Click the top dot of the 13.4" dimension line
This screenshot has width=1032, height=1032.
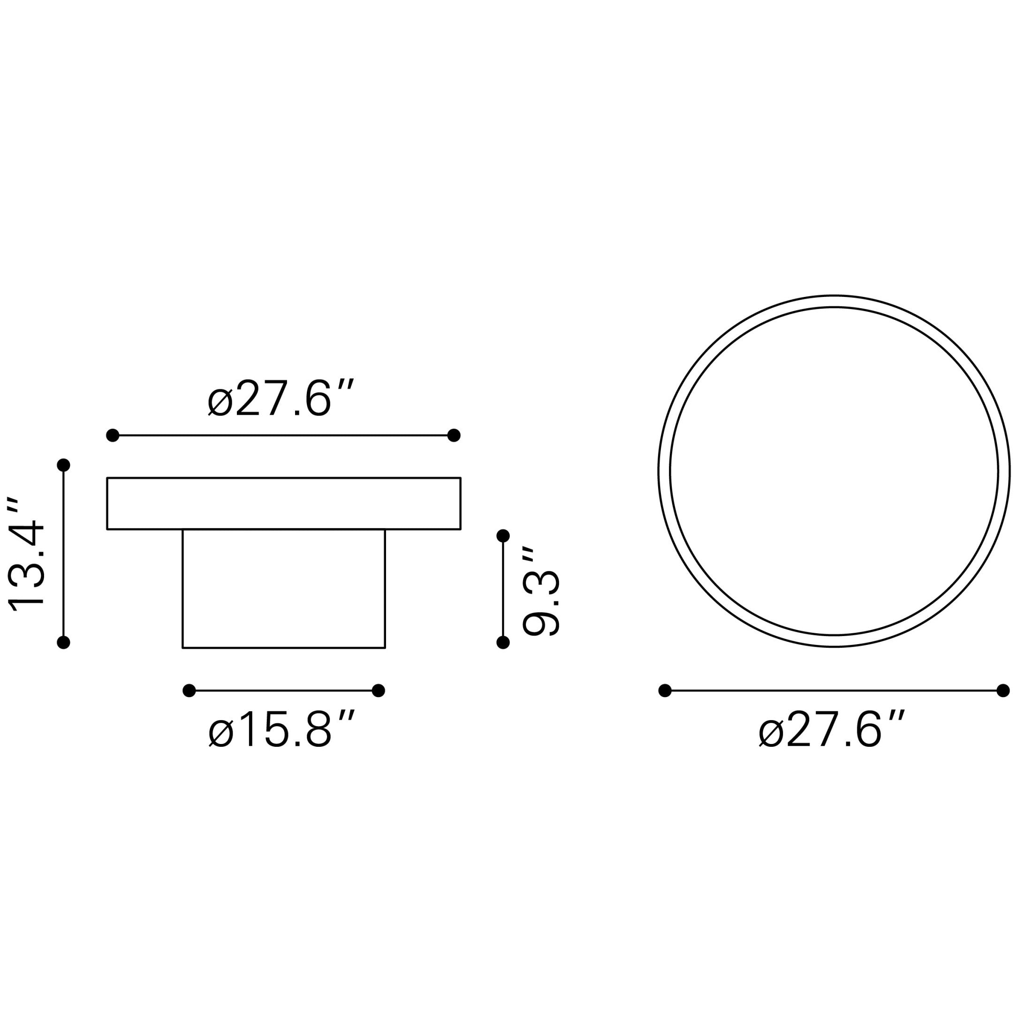(x=64, y=465)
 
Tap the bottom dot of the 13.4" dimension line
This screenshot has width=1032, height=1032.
(x=64, y=642)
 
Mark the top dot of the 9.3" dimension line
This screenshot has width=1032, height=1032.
(x=503, y=535)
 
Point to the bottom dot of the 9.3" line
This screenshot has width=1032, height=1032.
(x=503, y=642)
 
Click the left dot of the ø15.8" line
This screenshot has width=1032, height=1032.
(x=189, y=691)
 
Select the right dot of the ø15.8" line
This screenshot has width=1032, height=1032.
(x=378, y=691)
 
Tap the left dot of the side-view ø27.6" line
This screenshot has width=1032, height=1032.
(x=113, y=435)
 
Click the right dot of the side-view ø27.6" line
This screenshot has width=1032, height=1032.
(x=454, y=435)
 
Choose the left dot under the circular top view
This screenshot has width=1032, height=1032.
(x=665, y=691)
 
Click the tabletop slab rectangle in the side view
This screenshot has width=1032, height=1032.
(x=284, y=503)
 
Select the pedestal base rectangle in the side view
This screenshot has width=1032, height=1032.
(x=284, y=588)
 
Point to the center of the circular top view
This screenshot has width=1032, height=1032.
(x=834, y=470)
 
